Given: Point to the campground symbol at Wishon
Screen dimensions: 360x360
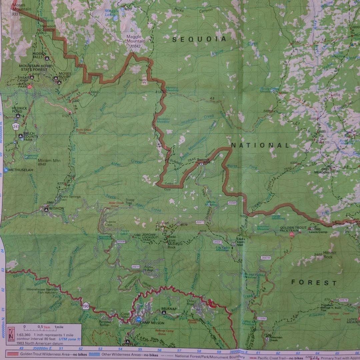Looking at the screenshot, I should [x=46, y=209].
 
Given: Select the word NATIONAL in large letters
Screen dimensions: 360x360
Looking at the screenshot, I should [x=260, y=145].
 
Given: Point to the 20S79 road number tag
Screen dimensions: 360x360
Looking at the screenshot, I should [x=265, y=258].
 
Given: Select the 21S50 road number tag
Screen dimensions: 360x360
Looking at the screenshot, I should [x=262, y=318].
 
